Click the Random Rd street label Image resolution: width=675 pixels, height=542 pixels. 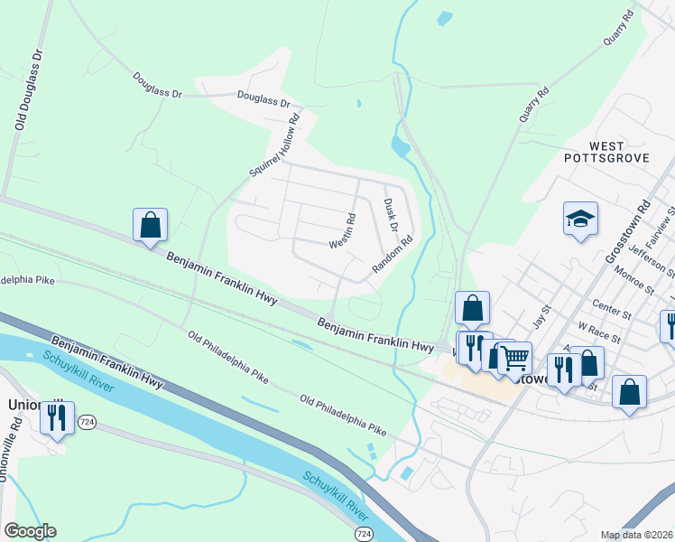coord(393,257)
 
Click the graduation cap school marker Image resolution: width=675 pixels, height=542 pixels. coord(581,219)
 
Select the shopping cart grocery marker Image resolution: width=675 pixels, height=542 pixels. coord(514,358)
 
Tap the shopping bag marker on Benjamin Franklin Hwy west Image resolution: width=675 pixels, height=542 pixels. coord(151,225)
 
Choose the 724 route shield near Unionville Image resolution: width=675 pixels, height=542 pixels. coord(87,422)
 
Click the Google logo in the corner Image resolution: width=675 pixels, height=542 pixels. coord(30,531)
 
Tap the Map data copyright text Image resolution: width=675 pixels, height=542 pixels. coord(635,535)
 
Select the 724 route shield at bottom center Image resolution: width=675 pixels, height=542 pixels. coord(361,535)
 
